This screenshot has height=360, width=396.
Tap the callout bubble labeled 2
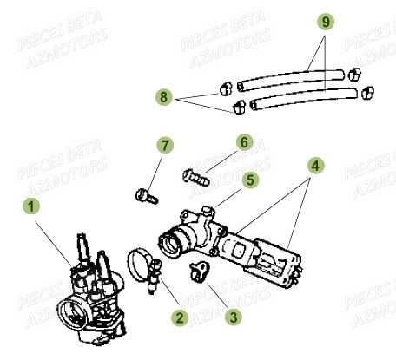[x=180, y=317]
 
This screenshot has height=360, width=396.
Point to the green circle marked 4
[x=316, y=162]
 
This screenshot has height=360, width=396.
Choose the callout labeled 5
[x=249, y=180]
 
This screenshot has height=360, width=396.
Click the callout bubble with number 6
[x=244, y=141]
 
